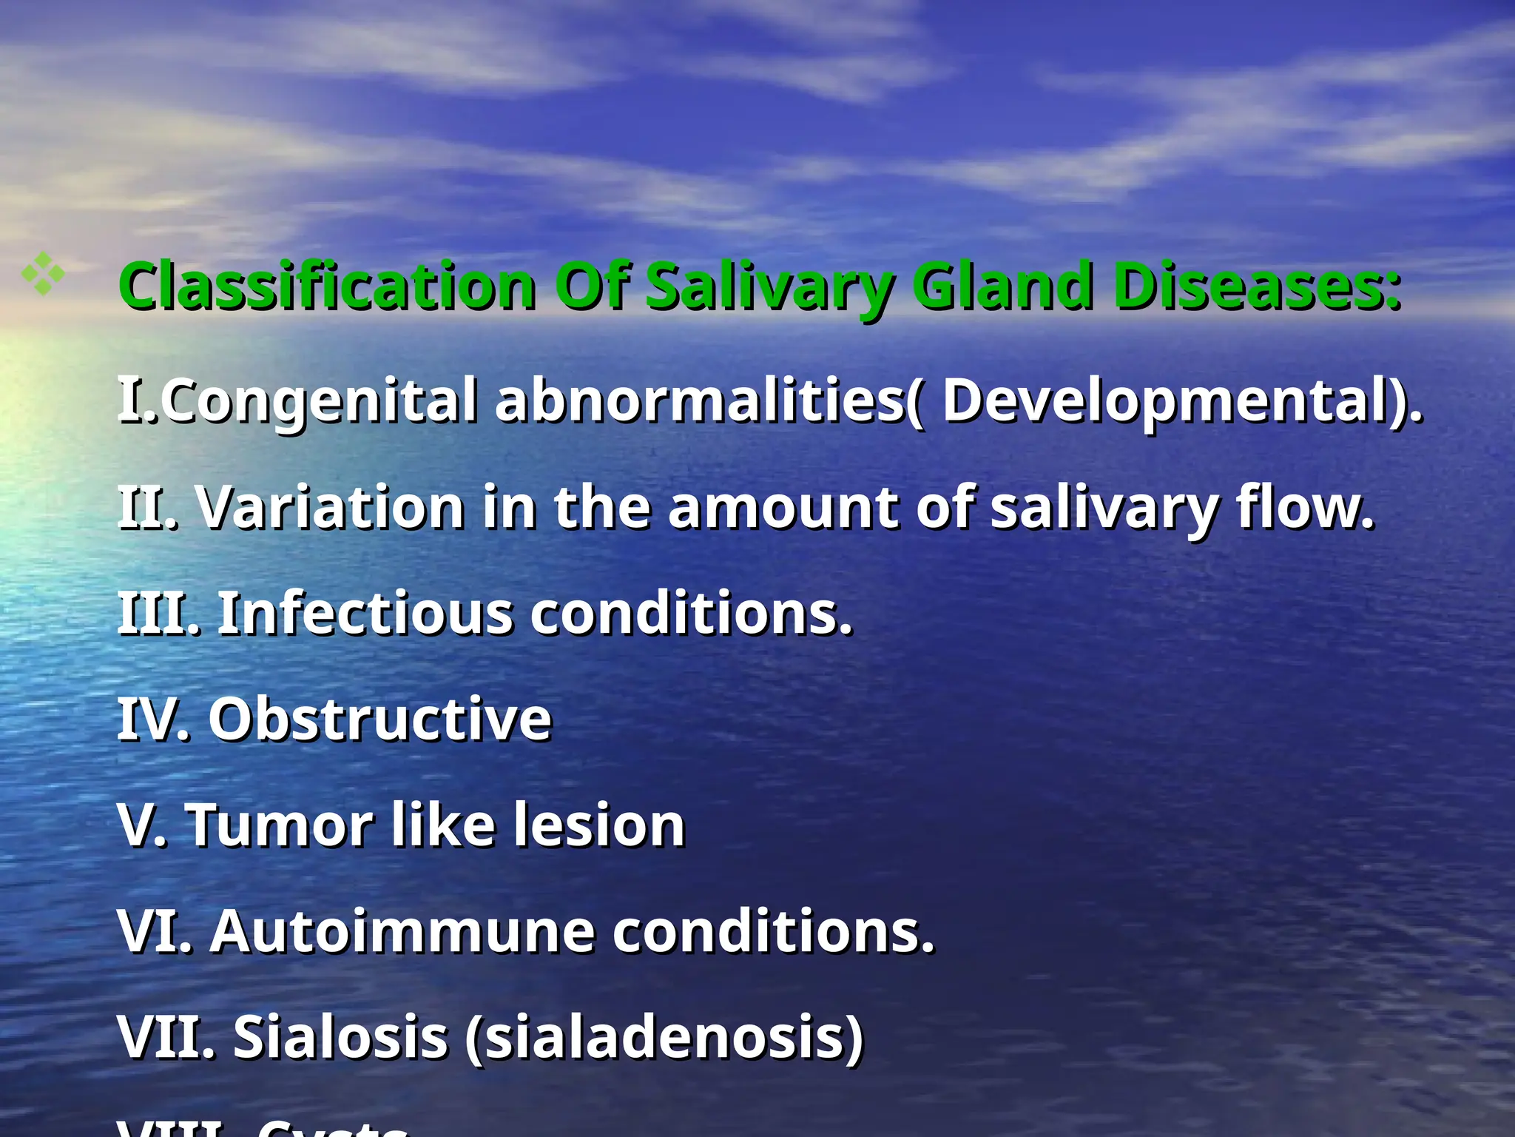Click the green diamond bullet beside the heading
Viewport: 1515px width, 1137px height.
coord(43,274)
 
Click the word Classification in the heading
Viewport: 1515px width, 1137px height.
coord(328,286)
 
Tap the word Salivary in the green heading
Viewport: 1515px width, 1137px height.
coord(769,287)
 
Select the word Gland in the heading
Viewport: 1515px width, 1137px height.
coord(1002,286)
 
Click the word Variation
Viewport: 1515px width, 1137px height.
coord(331,507)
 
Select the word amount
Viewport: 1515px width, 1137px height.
coord(783,507)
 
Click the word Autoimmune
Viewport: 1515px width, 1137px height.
coord(402,931)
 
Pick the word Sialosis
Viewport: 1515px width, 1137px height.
coord(340,1037)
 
